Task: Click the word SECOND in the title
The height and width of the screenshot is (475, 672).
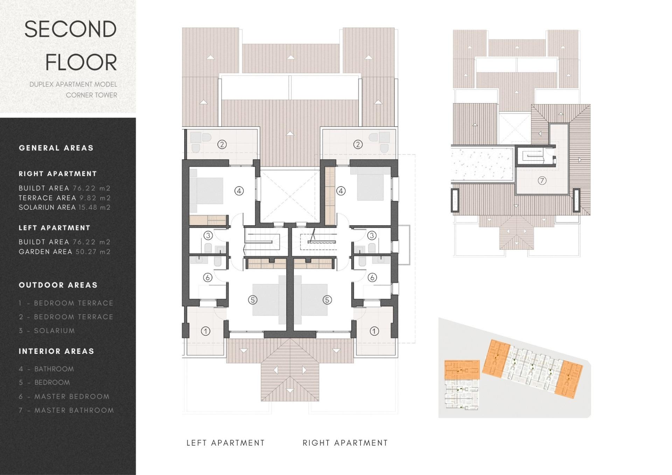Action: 70,29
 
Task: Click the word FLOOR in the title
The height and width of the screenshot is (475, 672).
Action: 81,63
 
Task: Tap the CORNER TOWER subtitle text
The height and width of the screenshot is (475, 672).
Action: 91,95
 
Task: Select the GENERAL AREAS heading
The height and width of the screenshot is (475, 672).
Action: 56,148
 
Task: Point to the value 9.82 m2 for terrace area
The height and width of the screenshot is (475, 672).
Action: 95,198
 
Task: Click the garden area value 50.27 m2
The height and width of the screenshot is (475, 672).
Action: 93,252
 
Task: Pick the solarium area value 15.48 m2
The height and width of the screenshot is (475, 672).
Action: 94,207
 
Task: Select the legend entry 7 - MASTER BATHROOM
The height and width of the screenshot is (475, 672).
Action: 66,410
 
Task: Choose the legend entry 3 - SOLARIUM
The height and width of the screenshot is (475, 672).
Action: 47,331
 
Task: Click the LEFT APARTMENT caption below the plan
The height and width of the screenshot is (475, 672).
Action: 225,443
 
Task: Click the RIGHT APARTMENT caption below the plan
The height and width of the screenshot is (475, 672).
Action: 345,443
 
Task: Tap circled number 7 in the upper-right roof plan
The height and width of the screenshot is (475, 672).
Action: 542,181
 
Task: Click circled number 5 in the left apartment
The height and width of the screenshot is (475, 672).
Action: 252,300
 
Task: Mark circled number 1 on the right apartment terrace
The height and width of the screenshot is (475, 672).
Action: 374,331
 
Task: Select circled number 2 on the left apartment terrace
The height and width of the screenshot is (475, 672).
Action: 222,144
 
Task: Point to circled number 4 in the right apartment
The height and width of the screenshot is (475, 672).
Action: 341,191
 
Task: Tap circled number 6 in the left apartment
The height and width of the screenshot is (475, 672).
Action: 208,278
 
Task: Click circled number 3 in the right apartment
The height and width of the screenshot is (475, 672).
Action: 372,236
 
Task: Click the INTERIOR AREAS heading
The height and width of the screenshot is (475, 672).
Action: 56,351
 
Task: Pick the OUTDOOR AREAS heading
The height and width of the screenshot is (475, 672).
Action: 58,285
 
